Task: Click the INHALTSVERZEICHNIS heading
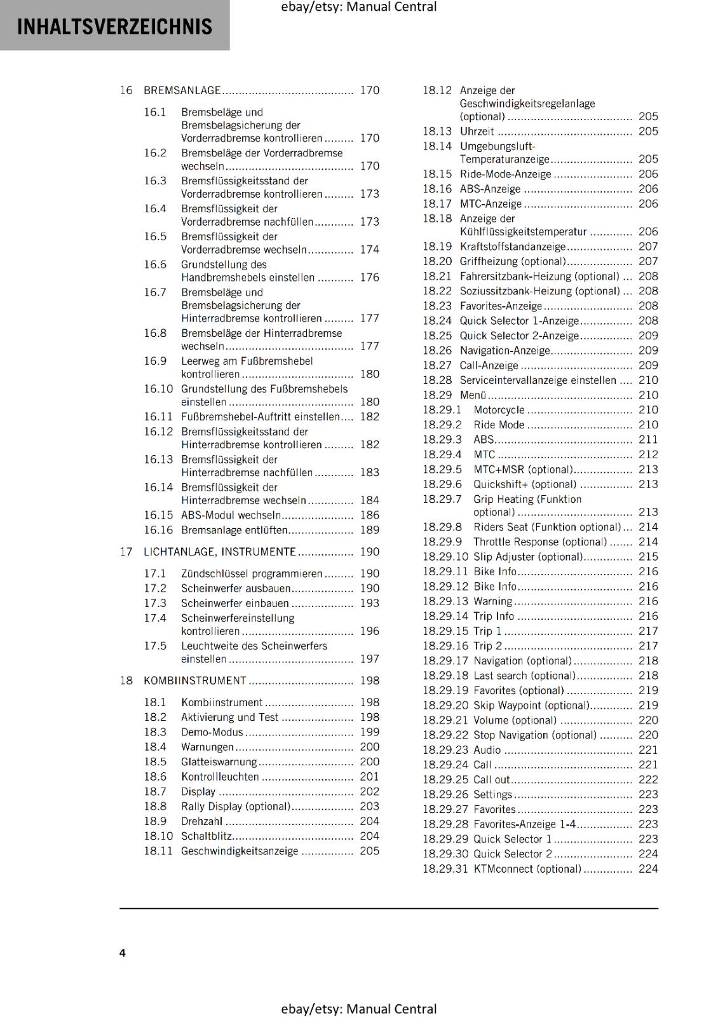pos(114,27)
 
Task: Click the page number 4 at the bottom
pos(123,953)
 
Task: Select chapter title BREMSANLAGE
pos(182,90)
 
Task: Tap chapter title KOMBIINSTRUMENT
pos(194,681)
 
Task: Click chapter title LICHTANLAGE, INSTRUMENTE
pos(220,552)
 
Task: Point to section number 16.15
pos(158,515)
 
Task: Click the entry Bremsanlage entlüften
pos(234,530)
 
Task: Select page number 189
pos(369,530)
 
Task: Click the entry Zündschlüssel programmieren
pos(252,574)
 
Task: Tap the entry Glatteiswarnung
pos(219,762)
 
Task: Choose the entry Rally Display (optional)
pos(236,807)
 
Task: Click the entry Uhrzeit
pos(477,132)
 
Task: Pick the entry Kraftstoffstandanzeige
pos(513,247)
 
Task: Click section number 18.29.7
pos(442,499)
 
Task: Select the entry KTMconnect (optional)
pos(527,869)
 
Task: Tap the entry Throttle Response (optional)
pos(540,542)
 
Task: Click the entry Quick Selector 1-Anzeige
pos(519,321)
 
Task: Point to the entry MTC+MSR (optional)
pos(523,470)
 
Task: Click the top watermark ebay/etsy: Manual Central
pos(358,7)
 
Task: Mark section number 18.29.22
pos(445,735)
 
